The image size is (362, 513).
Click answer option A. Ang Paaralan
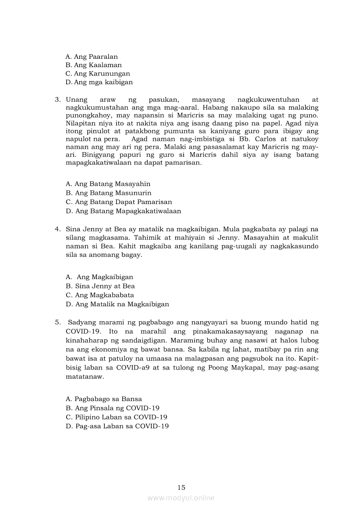point(92,57)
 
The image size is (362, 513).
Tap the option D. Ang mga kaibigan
point(99,82)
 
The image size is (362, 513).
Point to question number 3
point(57,100)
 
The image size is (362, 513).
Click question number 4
point(57,229)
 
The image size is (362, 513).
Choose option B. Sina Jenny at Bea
point(100,286)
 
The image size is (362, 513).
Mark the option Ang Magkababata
point(100,295)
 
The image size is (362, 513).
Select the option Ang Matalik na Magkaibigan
point(117,304)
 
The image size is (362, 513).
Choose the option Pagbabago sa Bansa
point(104,399)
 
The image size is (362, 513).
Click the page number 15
point(181,487)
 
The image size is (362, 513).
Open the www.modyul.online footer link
point(181,498)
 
